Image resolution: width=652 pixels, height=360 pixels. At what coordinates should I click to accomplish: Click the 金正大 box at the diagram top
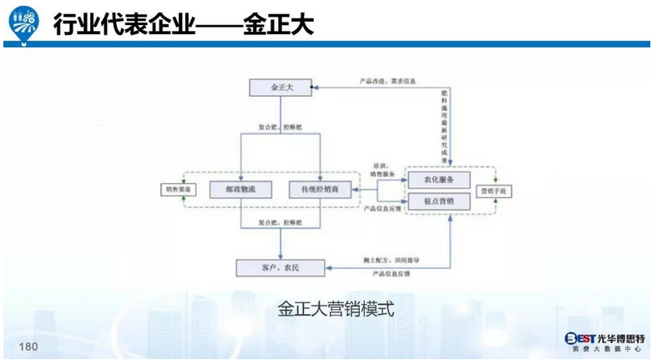[x=281, y=87]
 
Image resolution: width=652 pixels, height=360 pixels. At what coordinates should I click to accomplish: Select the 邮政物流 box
[x=240, y=190]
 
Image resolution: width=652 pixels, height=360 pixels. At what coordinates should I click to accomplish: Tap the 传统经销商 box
[x=321, y=190]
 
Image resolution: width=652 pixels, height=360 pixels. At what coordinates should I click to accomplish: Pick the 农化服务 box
[x=438, y=180]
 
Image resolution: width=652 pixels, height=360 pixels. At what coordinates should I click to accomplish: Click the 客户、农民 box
[x=280, y=266]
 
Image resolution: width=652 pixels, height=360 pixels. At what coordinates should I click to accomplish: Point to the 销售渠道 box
[x=175, y=190]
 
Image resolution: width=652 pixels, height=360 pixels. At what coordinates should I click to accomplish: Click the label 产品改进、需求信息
[x=387, y=81]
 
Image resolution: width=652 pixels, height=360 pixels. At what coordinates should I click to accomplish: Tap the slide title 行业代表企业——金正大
[x=183, y=25]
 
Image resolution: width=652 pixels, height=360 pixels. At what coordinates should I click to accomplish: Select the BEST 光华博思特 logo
[x=603, y=342]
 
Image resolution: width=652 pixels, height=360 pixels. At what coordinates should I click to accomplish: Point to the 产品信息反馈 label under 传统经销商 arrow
[x=385, y=208]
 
